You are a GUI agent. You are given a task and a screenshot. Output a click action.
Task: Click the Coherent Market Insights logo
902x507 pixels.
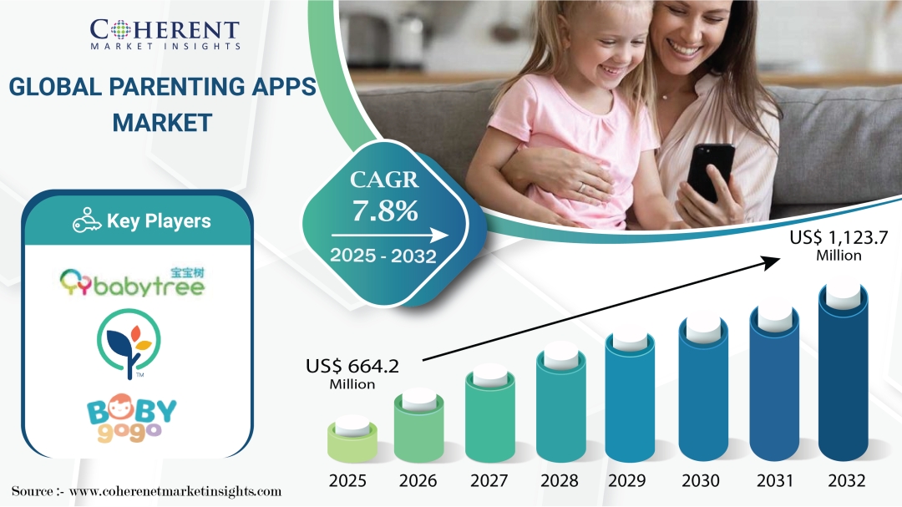tap(165, 34)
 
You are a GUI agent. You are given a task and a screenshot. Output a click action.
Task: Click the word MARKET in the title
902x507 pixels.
tap(162, 123)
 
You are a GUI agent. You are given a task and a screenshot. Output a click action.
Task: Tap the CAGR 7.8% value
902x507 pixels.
tap(385, 210)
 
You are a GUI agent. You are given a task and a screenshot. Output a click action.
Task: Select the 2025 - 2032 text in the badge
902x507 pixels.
tap(383, 255)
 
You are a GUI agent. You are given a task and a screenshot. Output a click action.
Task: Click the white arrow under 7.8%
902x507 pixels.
tap(389, 236)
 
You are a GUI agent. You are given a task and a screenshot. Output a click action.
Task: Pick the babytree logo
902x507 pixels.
tap(133, 282)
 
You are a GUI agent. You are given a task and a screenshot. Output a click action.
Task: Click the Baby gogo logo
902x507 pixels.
tap(132, 418)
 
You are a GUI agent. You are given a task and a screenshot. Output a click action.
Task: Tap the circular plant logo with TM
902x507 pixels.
tap(129, 344)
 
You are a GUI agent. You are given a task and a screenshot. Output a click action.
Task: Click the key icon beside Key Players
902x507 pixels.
tap(87, 221)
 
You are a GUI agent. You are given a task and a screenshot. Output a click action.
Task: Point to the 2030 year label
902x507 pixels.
tap(700, 480)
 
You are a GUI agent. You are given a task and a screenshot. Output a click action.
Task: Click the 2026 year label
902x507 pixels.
tap(418, 480)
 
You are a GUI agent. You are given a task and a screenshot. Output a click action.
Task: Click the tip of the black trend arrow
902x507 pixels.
tap(781, 259)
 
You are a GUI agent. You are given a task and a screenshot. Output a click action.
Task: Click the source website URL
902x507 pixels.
tap(175, 491)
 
